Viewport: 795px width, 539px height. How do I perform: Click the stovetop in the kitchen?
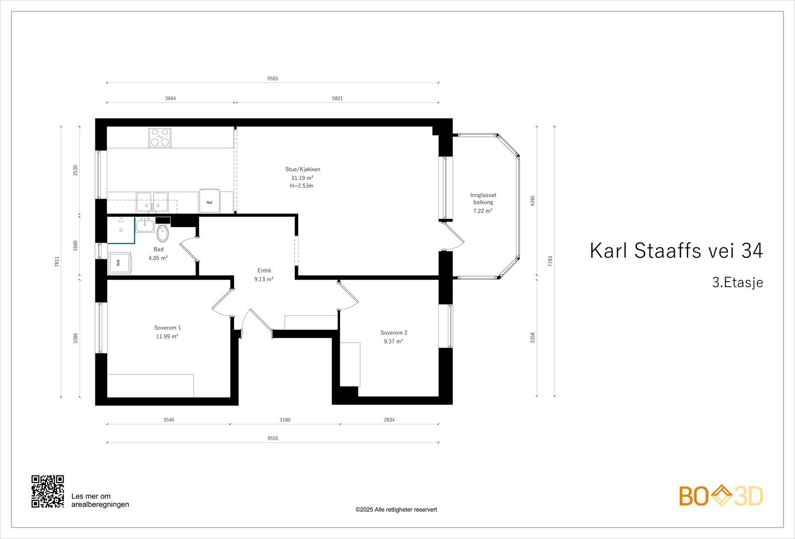[160, 138]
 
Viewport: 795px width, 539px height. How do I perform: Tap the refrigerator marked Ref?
[209, 201]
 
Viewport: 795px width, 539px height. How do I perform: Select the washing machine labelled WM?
[120, 263]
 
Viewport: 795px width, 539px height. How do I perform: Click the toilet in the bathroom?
[162, 233]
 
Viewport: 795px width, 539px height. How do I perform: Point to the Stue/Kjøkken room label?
[303, 169]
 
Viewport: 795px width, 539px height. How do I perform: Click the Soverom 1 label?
[167, 328]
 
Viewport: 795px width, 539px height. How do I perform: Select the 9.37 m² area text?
[393, 341]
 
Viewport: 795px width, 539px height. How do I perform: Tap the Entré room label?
[264, 271]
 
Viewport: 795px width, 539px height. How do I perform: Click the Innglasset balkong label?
[483, 199]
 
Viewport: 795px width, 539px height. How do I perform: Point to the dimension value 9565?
[273, 78]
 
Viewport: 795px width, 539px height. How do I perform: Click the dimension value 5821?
[337, 98]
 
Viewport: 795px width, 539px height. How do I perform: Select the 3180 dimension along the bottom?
[285, 420]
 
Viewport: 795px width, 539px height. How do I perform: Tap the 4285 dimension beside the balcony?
[533, 201]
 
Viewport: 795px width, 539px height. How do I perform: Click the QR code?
[48, 491]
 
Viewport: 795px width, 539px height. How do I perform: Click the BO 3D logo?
[720, 496]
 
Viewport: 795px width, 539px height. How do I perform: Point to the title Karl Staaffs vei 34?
[676, 251]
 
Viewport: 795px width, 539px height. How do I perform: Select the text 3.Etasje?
[737, 282]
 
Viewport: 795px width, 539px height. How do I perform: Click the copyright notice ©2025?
[396, 510]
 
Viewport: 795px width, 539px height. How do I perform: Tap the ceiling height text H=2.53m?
[302, 186]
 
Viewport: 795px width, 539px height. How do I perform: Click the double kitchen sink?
[153, 202]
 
